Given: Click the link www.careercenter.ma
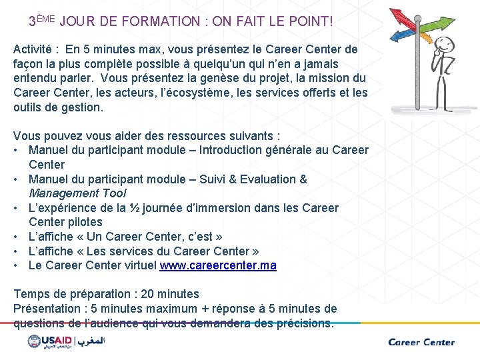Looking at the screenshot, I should [x=218, y=265].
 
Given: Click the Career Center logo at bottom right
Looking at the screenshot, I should [x=421, y=342].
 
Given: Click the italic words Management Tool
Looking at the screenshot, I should [x=77, y=193].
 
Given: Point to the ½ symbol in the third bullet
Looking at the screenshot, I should [x=135, y=208].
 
